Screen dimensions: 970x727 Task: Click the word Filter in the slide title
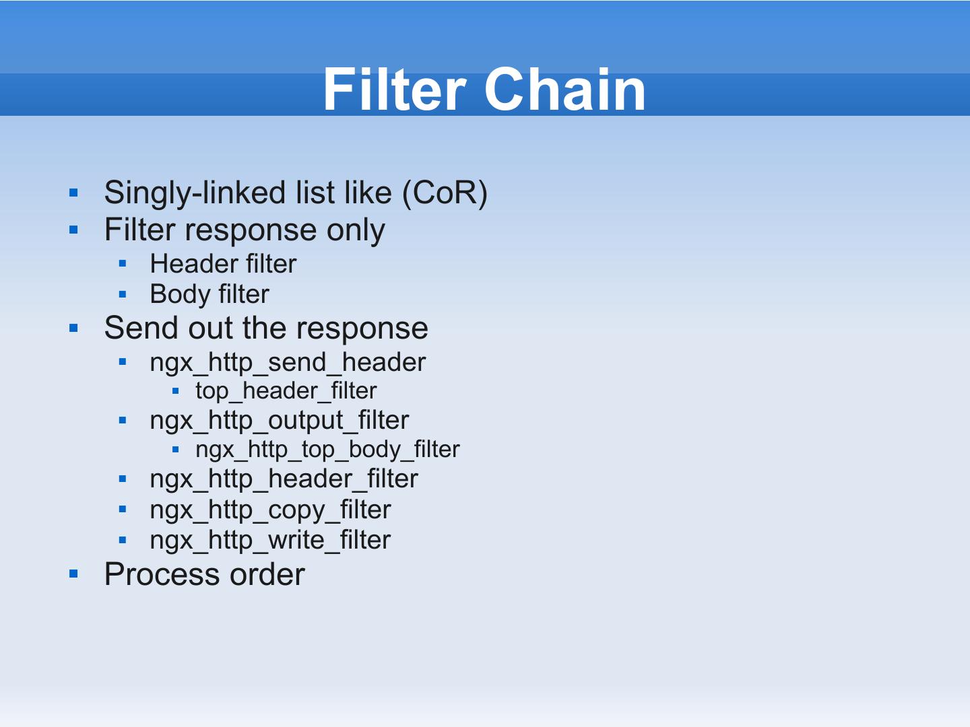394,90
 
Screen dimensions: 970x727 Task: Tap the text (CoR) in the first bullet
445,193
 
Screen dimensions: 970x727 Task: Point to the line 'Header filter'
223,264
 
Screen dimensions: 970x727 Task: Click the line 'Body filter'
209,294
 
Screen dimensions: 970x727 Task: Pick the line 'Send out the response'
266,328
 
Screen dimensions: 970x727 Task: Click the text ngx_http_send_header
288,362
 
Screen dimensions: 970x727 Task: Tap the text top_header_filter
286,391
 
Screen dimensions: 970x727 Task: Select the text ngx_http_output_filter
279,420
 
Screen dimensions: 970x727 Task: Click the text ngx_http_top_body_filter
327,450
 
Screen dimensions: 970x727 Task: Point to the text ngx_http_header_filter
284,479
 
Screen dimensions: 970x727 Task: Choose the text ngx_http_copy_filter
270,510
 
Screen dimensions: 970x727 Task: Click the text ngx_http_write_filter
270,540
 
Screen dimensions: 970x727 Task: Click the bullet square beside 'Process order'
74,575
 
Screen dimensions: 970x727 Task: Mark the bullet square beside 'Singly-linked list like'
74,194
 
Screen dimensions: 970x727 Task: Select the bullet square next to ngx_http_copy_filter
122,510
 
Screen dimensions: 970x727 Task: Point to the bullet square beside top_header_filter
175,391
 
